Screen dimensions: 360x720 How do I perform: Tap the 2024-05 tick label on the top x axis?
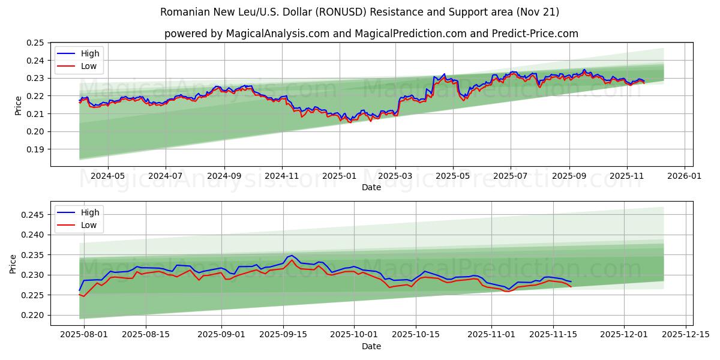107,176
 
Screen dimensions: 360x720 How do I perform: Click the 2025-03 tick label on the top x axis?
395,176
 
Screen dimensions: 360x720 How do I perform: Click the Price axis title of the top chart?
18,104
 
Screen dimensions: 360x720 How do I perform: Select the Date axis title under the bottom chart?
371,346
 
